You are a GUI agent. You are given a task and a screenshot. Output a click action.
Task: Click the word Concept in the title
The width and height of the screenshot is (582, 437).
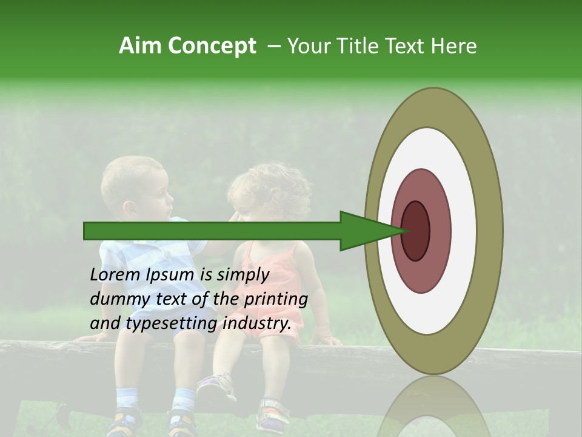click(x=212, y=46)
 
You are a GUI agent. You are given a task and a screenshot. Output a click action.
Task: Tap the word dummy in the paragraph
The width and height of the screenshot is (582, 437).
click(x=115, y=299)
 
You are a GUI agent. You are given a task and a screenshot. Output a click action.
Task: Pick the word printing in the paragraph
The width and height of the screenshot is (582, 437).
click(x=276, y=299)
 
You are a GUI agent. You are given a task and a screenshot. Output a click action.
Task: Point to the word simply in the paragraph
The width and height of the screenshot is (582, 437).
click(x=243, y=275)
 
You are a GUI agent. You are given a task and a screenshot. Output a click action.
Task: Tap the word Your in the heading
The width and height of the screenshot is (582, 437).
click(x=306, y=46)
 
